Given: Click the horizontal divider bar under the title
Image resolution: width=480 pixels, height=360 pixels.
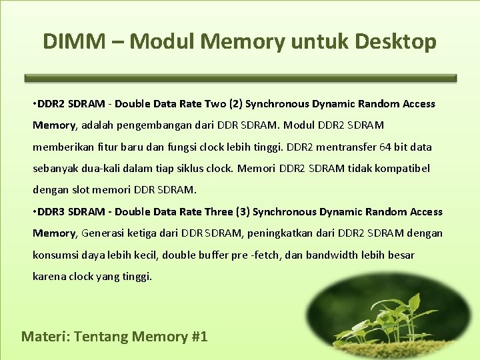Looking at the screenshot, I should [241, 78].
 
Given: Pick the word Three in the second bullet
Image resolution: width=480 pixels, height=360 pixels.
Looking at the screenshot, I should [219, 212].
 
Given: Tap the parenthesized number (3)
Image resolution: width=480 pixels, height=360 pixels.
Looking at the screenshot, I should [243, 212].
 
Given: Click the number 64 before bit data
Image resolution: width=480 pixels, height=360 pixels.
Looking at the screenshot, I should [384, 147].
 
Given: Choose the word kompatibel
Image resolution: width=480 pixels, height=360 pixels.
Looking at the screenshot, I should [403, 168].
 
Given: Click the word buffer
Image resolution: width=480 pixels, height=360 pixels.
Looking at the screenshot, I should [213, 255].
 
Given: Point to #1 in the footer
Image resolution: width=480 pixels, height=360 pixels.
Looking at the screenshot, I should [199, 336].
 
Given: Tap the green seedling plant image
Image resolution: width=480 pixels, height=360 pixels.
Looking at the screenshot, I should [389, 317].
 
